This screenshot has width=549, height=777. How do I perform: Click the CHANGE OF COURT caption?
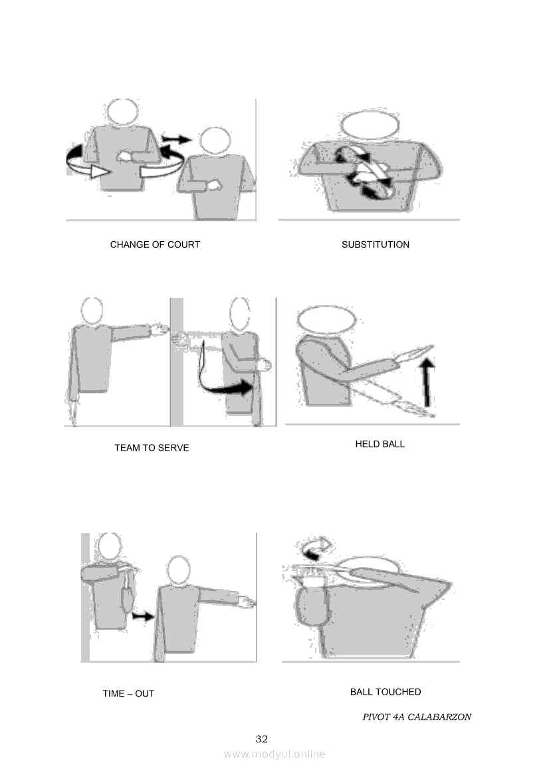click(x=155, y=245)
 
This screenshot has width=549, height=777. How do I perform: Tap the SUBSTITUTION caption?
click(x=376, y=245)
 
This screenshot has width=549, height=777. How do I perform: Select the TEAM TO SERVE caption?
click(x=152, y=448)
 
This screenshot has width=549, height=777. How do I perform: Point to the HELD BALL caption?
click(x=380, y=444)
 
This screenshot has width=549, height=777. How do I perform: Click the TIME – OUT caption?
click(x=128, y=694)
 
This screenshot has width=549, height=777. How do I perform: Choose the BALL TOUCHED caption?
click(x=385, y=692)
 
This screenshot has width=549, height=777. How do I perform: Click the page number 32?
click(x=262, y=739)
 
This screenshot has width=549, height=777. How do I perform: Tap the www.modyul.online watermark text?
click(x=274, y=754)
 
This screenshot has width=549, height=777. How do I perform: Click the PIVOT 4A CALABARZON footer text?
click(x=417, y=717)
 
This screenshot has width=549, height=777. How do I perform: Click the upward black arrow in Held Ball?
click(x=428, y=383)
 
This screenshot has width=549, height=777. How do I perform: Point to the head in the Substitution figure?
click(x=370, y=125)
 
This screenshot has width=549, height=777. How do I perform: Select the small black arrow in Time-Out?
click(x=143, y=616)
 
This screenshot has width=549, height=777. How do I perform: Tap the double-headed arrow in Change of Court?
click(x=177, y=139)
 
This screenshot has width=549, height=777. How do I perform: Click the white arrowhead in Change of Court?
click(x=99, y=171)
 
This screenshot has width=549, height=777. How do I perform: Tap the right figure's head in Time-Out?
click(x=178, y=571)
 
